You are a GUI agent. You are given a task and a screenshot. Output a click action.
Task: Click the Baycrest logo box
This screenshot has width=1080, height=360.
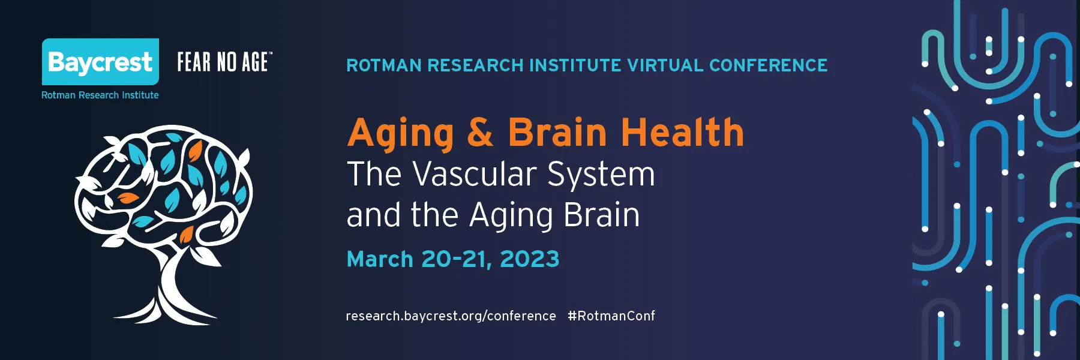click(100, 62)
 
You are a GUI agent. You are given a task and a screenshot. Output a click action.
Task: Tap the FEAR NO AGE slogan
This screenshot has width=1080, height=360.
click(225, 62)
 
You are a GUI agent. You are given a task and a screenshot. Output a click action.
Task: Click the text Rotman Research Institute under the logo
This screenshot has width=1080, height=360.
click(100, 95)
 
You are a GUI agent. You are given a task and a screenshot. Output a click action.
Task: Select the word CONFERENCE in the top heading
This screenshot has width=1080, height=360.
click(768, 65)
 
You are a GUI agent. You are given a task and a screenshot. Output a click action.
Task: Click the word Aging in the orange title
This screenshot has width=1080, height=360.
click(401, 133)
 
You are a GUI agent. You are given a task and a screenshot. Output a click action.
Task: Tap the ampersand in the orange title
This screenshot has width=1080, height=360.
click(481, 132)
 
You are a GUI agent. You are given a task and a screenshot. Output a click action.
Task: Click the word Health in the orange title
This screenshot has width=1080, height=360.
click(682, 131)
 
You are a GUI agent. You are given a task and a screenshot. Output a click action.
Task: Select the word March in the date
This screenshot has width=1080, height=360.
click(380, 259)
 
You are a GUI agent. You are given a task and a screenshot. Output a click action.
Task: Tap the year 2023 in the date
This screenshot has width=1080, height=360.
click(530, 259)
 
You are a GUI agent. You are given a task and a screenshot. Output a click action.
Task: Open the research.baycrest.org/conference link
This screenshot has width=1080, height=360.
click(451, 316)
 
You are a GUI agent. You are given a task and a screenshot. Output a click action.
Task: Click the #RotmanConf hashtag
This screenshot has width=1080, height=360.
click(611, 316)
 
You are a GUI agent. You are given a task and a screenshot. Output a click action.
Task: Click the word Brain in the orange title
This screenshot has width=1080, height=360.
click(557, 131)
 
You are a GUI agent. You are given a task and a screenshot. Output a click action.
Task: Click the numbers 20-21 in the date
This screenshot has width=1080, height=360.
click(454, 259)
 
